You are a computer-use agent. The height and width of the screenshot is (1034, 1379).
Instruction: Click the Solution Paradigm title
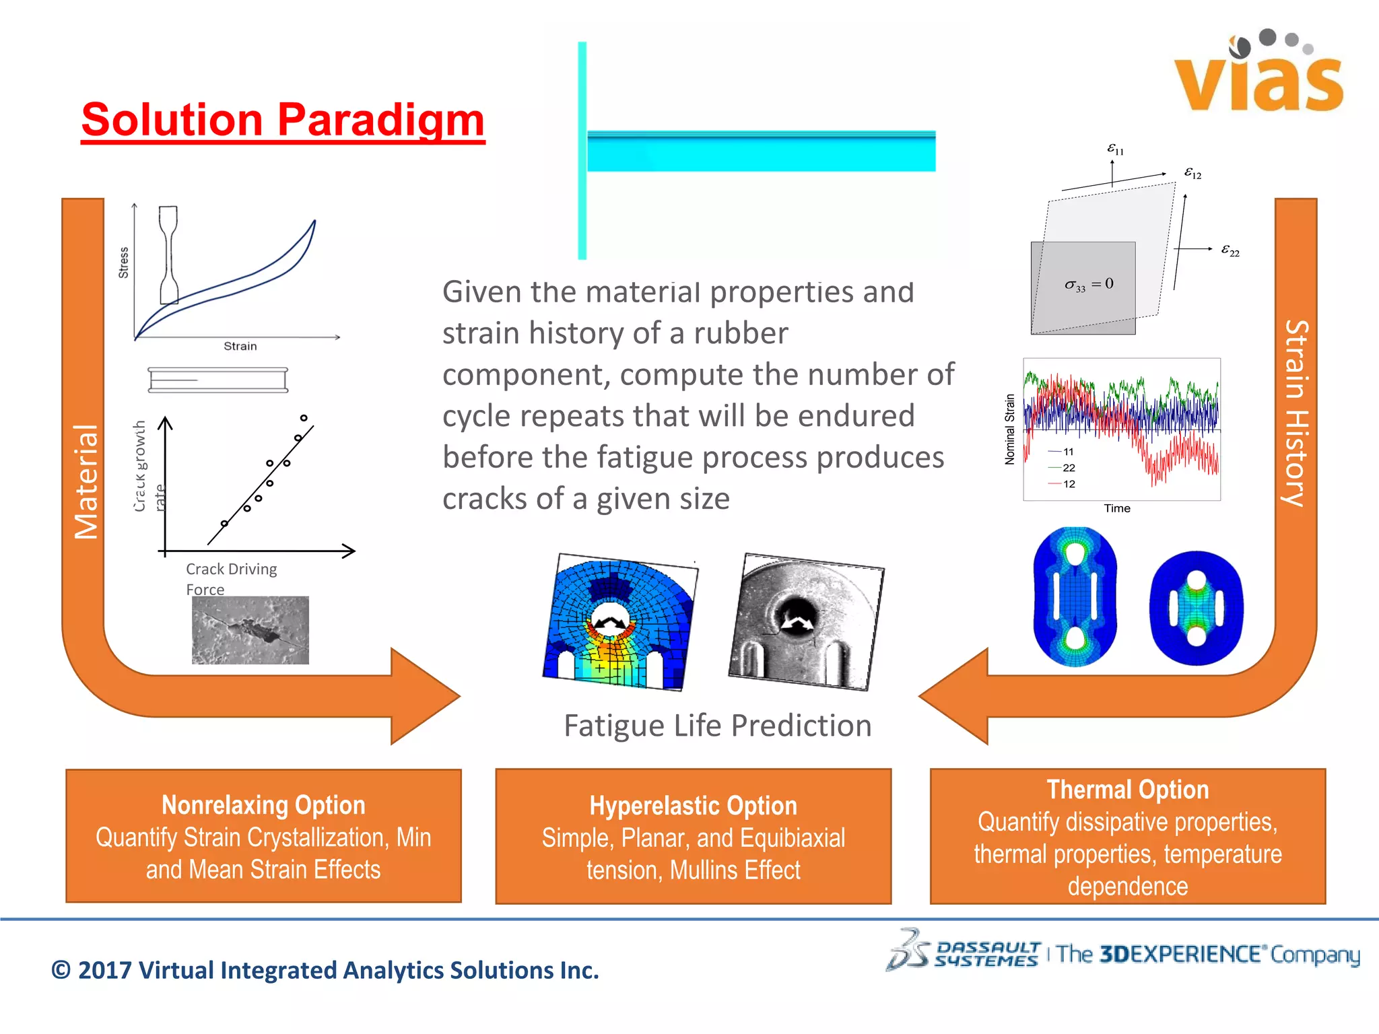point(283,120)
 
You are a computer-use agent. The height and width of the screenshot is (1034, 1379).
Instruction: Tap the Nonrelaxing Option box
point(263,836)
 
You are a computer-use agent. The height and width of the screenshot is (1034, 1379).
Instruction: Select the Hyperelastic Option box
point(693,837)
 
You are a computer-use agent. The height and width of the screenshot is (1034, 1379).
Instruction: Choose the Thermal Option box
point(1127,837)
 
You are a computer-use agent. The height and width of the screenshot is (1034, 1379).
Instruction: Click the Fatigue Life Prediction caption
point(717,726)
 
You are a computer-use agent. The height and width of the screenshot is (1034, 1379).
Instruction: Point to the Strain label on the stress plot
point(240,346)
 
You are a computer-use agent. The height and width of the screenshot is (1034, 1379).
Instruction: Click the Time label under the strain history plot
point(1116,508)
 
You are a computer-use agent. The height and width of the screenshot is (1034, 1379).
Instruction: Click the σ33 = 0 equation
point(1089,285)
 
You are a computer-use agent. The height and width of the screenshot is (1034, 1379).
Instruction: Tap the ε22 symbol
point(1230,250)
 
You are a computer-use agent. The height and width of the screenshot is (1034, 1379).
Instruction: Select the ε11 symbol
point(1115,149)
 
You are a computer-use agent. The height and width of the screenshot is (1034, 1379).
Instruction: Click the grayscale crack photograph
point(250,630)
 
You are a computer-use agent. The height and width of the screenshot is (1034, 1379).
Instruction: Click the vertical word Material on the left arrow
point(86,482)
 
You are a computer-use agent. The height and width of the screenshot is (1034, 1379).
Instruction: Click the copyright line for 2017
point(325,970)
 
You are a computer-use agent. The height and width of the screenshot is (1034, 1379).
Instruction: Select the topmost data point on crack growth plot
point(304,418)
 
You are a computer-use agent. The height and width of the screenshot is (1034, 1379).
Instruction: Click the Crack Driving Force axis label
point(230,578)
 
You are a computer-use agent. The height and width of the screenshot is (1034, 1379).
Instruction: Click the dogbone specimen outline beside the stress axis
point(169,256)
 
